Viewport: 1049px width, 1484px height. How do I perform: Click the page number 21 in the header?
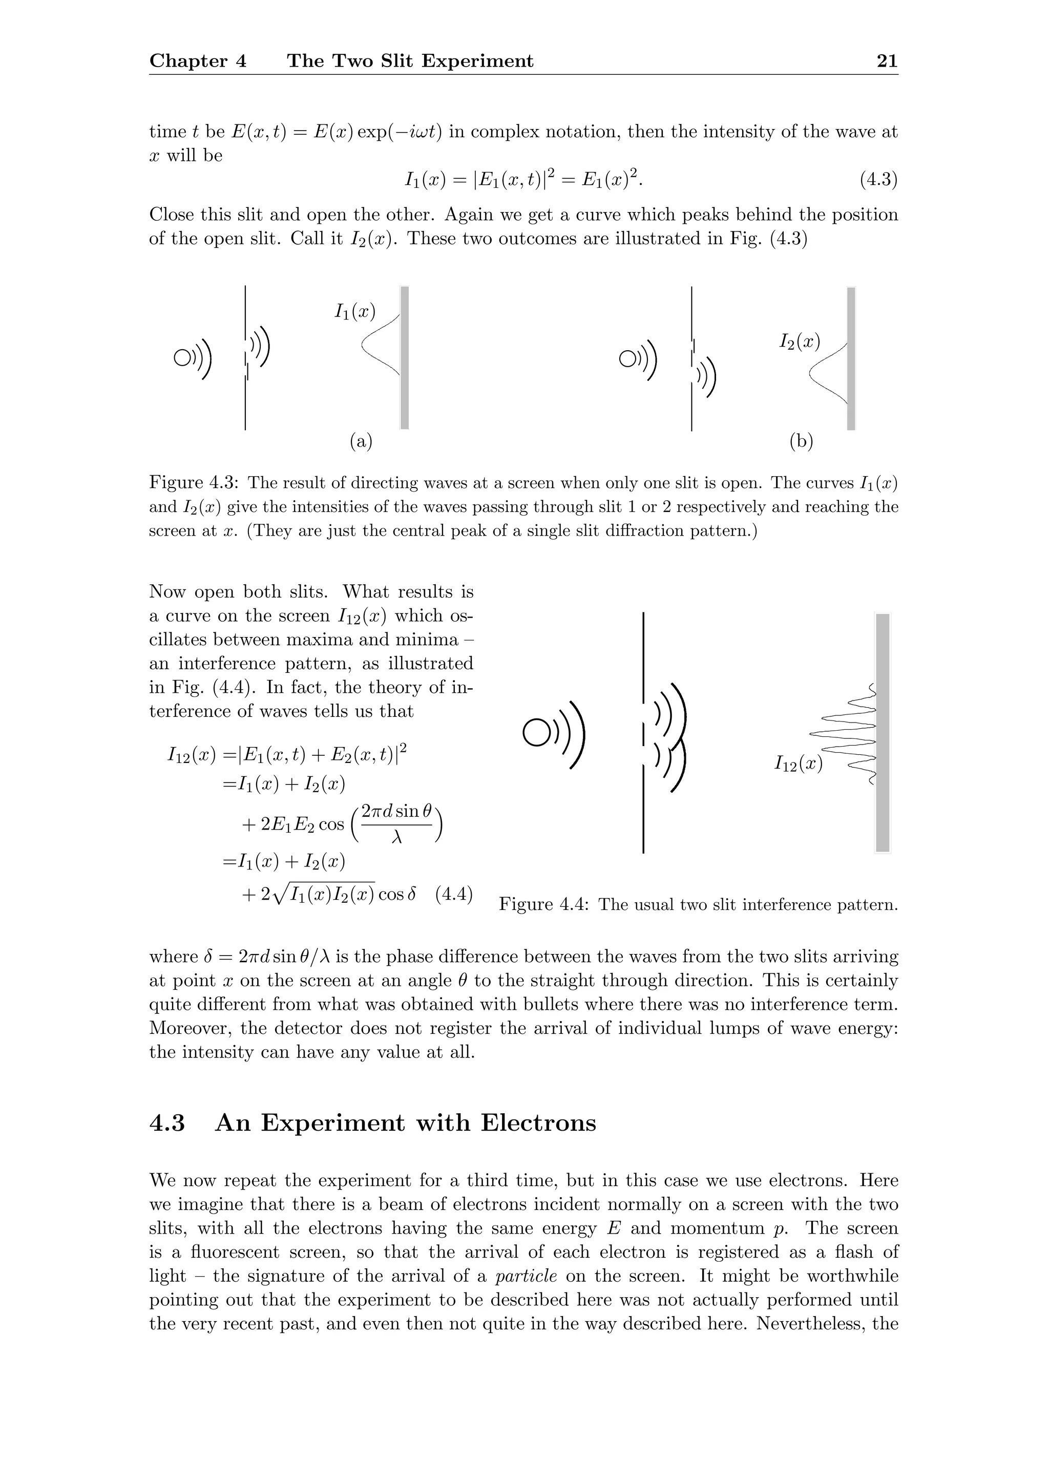tap(887, 61)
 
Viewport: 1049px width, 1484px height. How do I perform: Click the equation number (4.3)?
tap(878, 179)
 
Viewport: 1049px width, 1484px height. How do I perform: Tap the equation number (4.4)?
tap(454, 895)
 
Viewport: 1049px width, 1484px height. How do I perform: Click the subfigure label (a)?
tap(361, 441)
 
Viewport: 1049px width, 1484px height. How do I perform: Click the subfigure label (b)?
tap(802, 441)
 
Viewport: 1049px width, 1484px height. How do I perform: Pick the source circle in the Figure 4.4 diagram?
tap(536, 732)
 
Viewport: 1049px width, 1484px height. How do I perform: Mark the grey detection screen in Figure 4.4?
tap(883, 732)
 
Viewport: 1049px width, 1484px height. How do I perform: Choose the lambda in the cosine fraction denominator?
tap(397, 838)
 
